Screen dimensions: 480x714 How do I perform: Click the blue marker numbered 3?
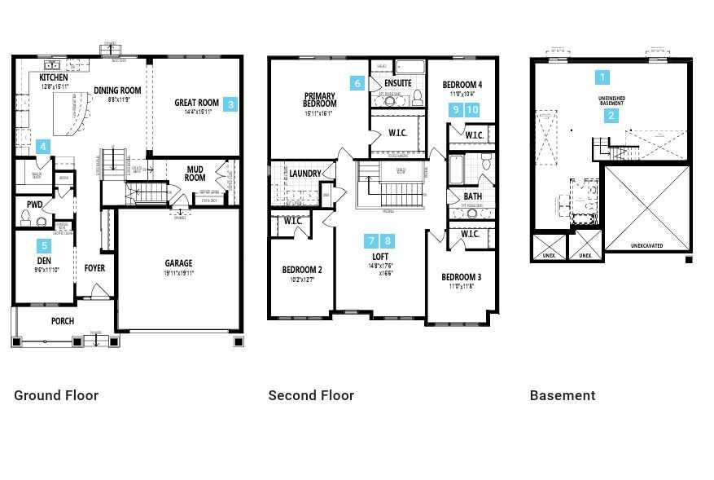click(x=231, y=104)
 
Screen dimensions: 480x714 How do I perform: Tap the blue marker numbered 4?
click(x=43, y=148)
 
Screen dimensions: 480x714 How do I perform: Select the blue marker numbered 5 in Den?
click(x=44, y=245)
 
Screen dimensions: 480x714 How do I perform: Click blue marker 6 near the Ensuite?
click(x=357, y=83)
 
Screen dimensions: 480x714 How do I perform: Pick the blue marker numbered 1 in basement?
click(x=602, y=77)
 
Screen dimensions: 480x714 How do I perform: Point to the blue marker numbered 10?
click(x=472, y=110)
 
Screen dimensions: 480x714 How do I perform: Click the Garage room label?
click(x=178, y=263)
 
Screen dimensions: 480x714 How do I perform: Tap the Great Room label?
click(x=196, y=103)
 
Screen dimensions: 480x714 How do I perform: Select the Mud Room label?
click(x=195, y=174)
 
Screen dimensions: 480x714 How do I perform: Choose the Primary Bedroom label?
click(x=320, y=99)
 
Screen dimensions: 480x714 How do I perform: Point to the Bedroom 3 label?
click(x=462, y=276)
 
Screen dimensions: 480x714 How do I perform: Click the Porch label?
click(x=63, y=321)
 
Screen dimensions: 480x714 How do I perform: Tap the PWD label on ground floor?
click(x=34, y=205)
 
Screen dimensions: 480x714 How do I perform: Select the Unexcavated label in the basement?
click(x=647, y=245)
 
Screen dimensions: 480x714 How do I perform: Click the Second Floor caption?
click(x=311, y=395)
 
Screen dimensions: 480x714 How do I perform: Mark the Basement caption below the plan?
click(x=563, y=395)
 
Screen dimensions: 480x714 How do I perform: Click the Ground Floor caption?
click(x=56, y=395)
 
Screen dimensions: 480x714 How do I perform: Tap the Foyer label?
click(x=94, y=268)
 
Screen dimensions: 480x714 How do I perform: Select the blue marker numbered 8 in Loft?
click(x=388, y=240)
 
